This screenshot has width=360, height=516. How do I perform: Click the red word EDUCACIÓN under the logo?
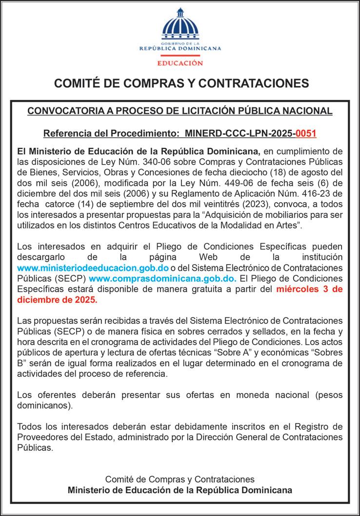[x=180, y=63]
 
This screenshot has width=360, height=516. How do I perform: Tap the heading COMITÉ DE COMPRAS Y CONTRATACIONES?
[x=180, y=83]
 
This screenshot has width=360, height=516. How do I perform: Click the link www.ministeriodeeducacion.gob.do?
[x=93, y=268]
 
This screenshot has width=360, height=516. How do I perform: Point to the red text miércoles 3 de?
[x=308, y=289]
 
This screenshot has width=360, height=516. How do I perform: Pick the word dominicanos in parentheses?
[x=43, y=405]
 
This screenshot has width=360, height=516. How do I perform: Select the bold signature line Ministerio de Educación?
[x=180, y=490]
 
